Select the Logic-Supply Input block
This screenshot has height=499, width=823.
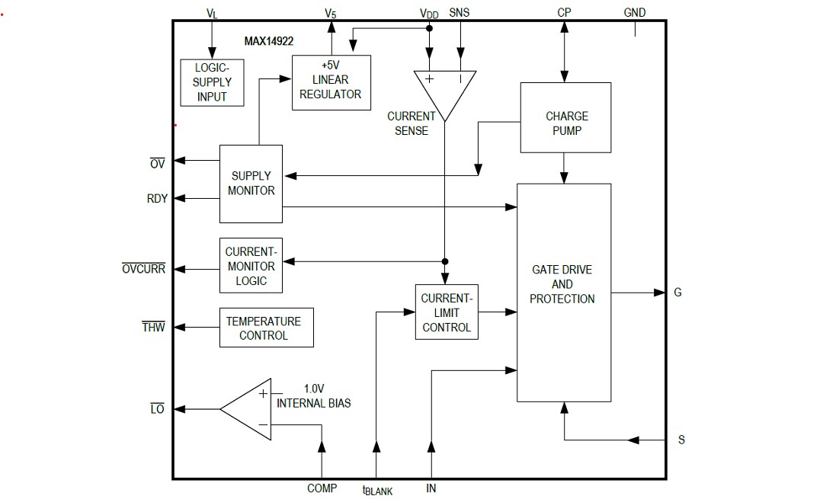(x=213, y=82)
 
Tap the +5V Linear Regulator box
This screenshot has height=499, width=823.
(x=331, y=82)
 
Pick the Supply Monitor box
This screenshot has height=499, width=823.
(x=251, y=184)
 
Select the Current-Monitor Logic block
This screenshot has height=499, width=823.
(x=251, y=266)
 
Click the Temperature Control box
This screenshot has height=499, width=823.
(x=266, y=328)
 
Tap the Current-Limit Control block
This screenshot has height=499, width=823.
(x=447, y=312)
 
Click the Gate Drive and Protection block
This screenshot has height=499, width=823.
(x=563, y=292)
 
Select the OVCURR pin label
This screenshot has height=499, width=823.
(x=144, y=269)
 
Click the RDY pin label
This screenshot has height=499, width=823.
(x=157, y=199)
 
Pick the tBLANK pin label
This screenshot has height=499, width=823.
(x=378, y=490)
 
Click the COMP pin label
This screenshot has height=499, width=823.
(x=322, y=488)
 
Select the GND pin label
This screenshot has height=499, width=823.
(x=634, y=13)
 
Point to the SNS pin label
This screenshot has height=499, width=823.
(x=460, y=13)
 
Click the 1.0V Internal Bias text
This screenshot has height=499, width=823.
(x=314, y=395)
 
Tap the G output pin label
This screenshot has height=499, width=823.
(x=677, y=293)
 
